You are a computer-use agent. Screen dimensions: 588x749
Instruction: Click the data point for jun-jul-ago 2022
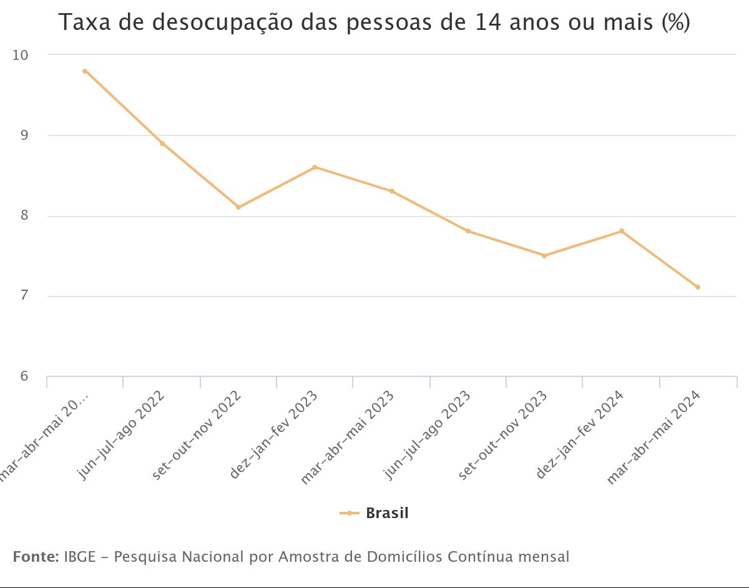click(162, 144)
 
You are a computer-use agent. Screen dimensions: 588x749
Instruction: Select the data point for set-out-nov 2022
click(238, 207)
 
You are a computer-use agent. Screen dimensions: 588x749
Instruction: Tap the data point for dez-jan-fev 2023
click(315, 167)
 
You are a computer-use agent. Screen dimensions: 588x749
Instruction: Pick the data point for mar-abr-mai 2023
click(392, 191)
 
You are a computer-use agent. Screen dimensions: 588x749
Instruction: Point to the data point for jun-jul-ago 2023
click(468, 231)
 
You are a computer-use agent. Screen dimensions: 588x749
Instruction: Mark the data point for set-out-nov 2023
click(544, 255)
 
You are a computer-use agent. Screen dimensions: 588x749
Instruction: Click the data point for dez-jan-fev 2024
click(621, 231)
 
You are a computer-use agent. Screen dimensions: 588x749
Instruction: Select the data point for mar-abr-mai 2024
click(698, 287)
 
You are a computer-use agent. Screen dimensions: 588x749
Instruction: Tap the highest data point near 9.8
click(85, 71)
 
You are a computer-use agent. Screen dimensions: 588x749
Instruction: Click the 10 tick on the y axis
click(21, 55)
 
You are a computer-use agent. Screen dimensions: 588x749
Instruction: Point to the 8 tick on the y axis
click(24, 216)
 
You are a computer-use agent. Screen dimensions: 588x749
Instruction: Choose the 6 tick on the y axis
click(24, 376)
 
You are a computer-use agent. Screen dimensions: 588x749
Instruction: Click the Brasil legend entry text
click(387, 513)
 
